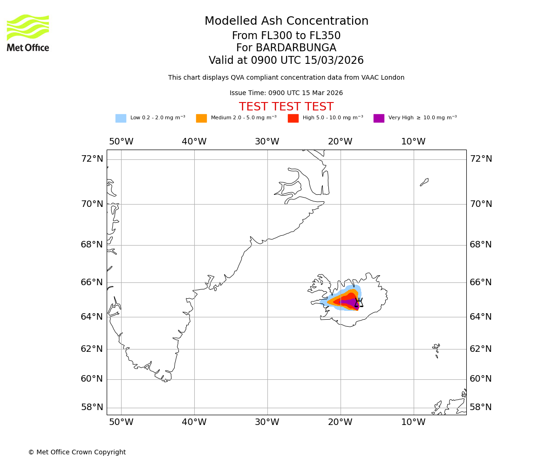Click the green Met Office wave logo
[x=28, y=27]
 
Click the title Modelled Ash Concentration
[x=286, y=21]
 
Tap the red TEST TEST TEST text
[x=286, y=107]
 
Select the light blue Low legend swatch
[x=121, y=118]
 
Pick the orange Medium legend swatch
[x=201, y=118]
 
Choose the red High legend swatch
[x=293, y=118]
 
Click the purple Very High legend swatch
[x=379, y=118]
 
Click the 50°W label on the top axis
[x=121, y=142]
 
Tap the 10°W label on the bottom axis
[x=413, y=422]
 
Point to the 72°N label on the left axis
[x=92, y=159]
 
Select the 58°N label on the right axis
[x=480, y=407]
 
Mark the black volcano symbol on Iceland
[x=358, y=303]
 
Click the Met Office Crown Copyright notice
[x=77, y=452]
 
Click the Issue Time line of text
[x=286, y=93]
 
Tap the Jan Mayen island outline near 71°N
[x=424, y=182]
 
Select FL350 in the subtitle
[x=325, y=36]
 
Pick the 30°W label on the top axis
[x=267, y=142]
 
